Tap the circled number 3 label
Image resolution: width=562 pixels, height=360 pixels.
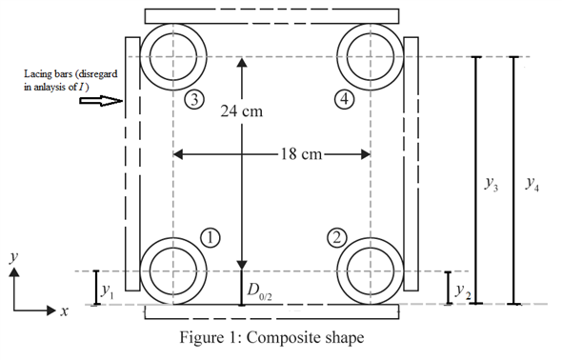click(194, 99)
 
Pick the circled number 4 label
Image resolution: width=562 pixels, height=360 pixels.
click(344, 99)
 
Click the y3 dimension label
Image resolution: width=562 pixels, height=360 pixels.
click(492, 186)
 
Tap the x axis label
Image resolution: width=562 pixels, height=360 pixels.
click(64, 311)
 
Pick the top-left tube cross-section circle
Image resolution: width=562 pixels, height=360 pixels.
click(172, 55)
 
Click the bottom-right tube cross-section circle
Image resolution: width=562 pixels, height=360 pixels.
click(371, 270)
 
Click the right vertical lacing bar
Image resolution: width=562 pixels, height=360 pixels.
click(411, 162)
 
